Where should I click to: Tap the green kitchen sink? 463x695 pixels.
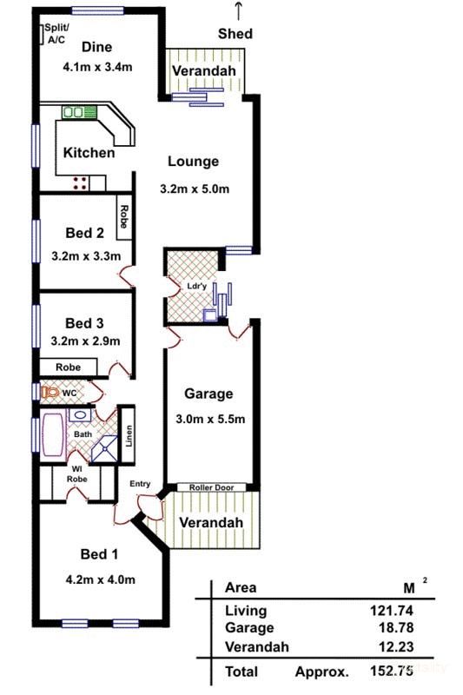(x=79, y=112)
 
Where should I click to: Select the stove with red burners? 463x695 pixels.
(x=80, y=182)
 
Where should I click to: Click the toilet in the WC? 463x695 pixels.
(x=51, y=394)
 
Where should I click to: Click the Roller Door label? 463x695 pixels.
(x=212, y=487)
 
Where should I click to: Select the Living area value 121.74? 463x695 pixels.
(x=389, y=612)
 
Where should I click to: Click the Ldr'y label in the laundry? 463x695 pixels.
(x=196, y=286)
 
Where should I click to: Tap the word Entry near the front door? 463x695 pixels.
(x=141, y=484)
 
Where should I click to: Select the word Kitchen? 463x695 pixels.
(x=89, y=153)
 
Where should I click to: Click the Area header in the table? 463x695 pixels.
(x=241, y=587)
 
